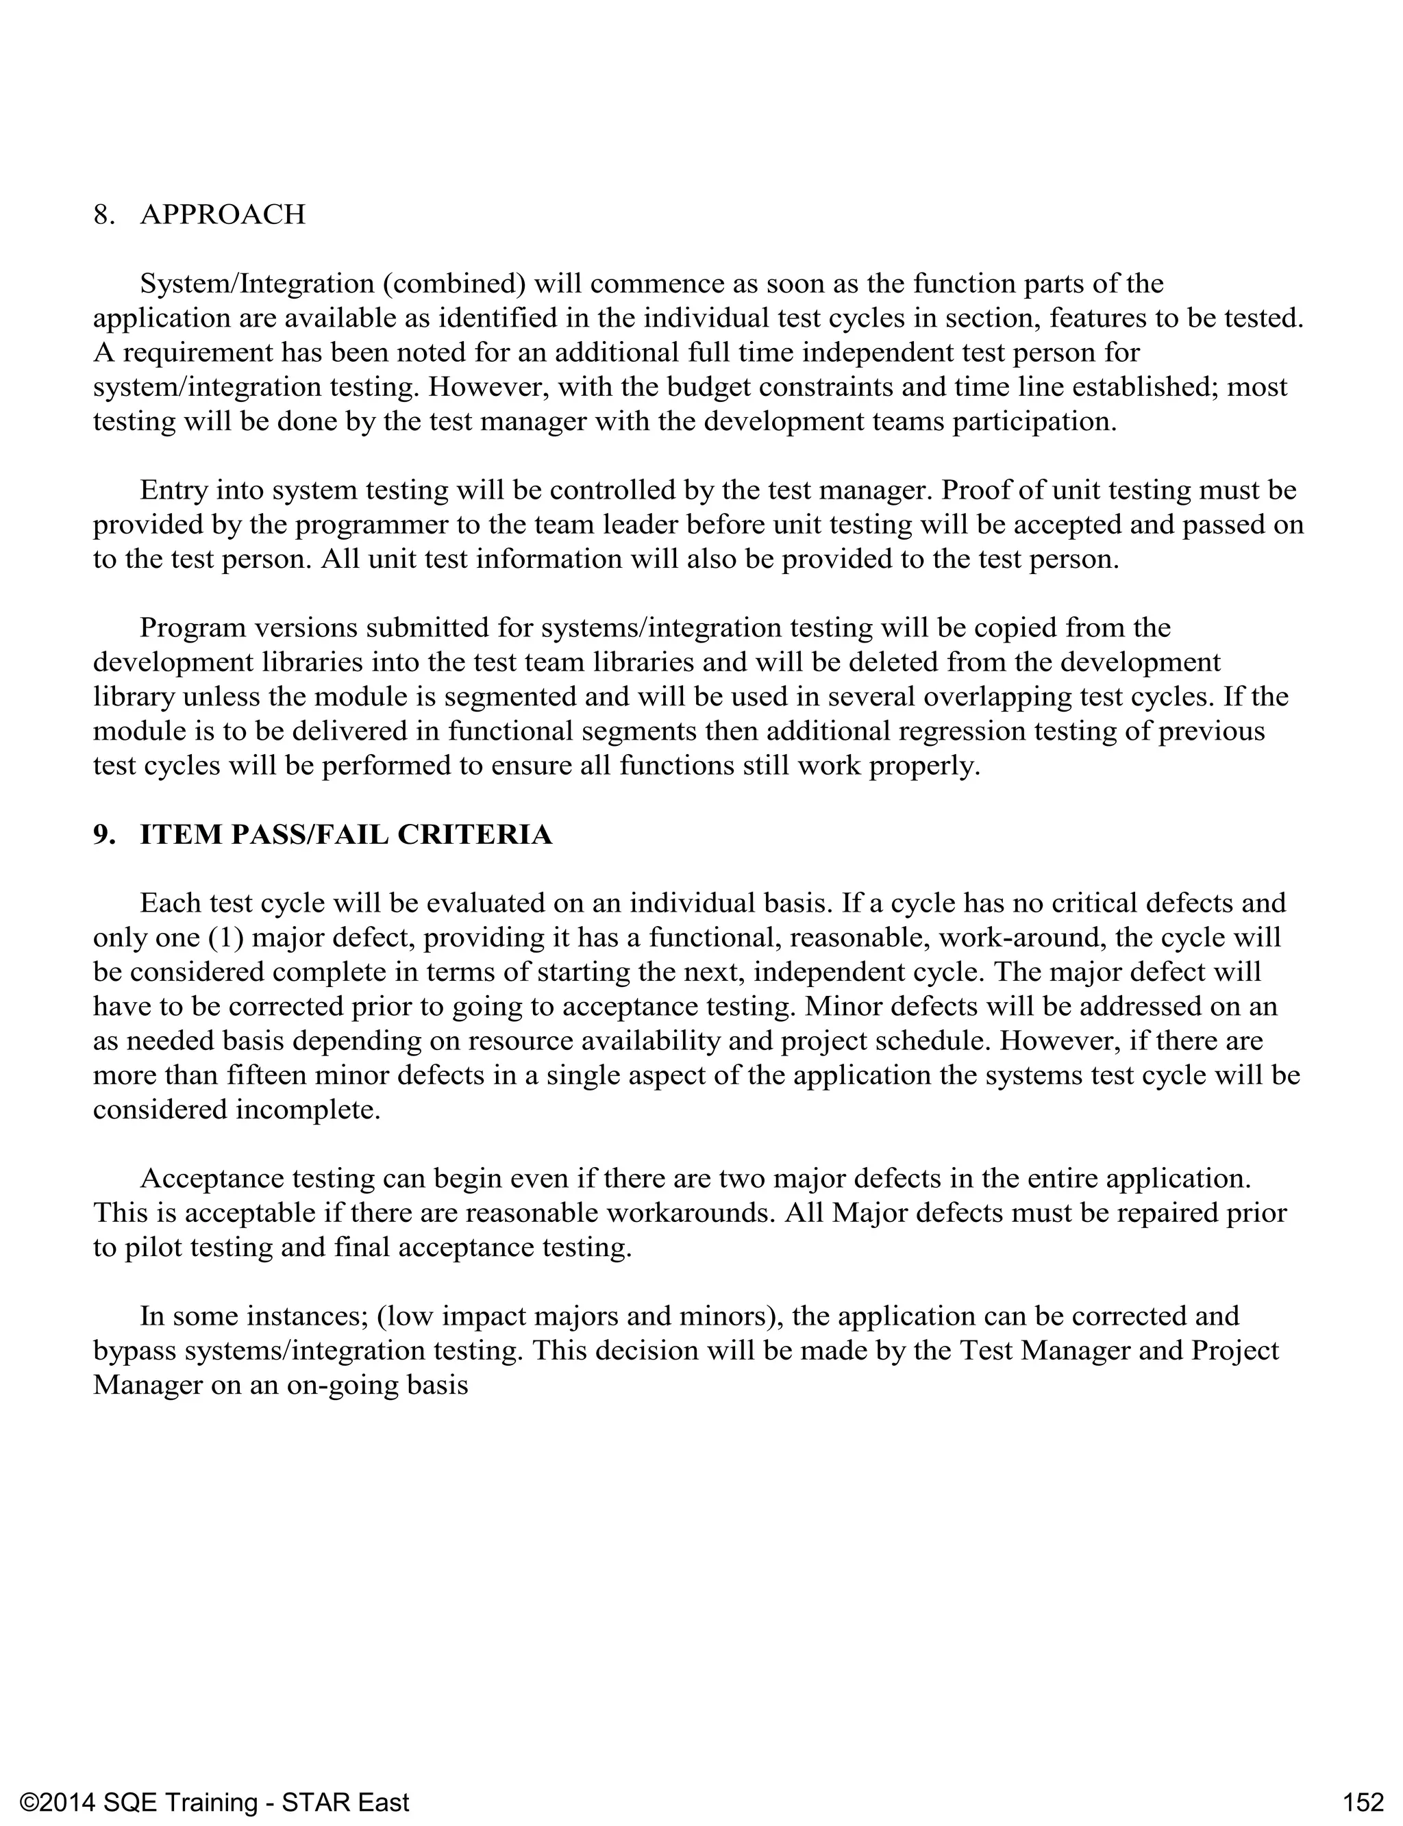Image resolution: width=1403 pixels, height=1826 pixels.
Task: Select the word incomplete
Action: coord(308,1110)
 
